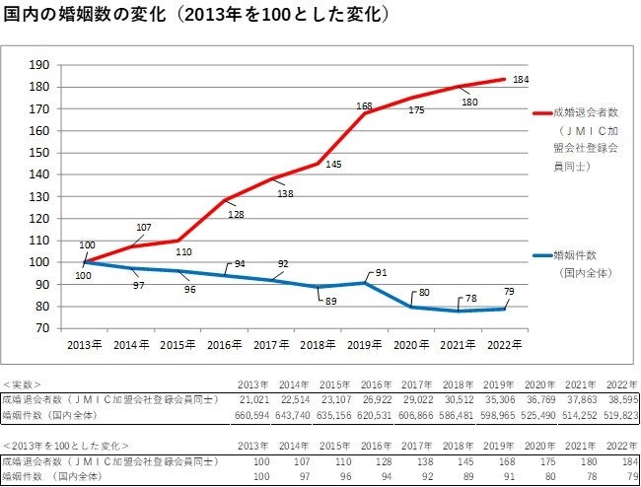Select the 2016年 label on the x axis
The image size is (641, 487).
pos(228,345)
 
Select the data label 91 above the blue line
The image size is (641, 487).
pos(382,273)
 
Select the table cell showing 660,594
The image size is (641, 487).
pos(249,414)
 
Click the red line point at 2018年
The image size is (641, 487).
pos(319,164)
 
